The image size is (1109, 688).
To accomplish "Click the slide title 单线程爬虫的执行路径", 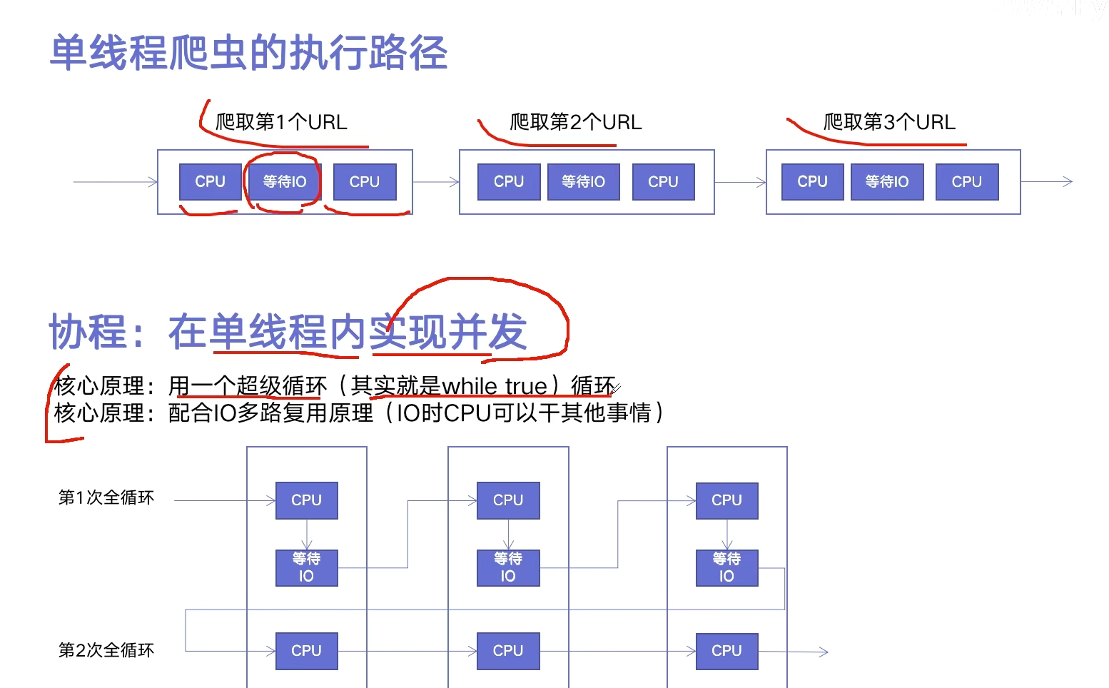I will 248,53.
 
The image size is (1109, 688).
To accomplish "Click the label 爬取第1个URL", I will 281,122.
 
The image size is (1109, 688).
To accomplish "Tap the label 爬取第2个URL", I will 575,122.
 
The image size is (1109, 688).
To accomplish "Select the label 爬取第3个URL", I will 889,122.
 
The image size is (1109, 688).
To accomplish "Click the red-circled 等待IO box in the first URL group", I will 284,182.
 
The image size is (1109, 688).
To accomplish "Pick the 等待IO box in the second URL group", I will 583,182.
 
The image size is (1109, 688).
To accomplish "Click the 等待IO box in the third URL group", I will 887,182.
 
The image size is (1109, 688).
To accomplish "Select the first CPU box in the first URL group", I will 210,182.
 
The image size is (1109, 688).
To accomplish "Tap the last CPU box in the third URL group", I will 966,182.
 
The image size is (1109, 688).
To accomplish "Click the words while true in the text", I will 494,387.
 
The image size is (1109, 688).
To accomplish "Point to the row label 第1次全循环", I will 106,497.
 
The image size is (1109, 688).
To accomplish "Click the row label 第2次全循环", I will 106,650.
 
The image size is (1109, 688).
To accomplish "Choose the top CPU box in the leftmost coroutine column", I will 306,500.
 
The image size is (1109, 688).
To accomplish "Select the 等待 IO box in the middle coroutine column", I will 508,567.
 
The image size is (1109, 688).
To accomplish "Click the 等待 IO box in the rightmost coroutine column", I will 726,567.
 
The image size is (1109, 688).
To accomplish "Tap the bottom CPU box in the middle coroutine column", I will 508,651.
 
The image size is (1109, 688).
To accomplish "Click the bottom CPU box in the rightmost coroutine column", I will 726,651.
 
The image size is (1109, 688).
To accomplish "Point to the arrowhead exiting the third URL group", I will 1068,182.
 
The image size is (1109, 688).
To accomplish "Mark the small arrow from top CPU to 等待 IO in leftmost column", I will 307,535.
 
